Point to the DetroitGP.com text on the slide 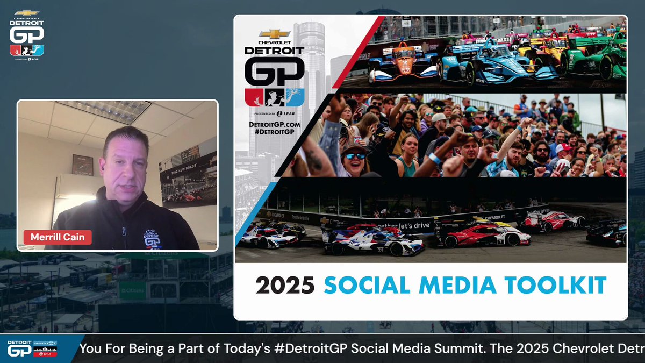click(x=275, y=125)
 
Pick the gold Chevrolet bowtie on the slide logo click(x=274, y=34)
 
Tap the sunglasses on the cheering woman click(x=355, y=156)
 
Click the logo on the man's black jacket click(x=154, y=239)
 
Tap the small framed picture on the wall click(x=83, y=165)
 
